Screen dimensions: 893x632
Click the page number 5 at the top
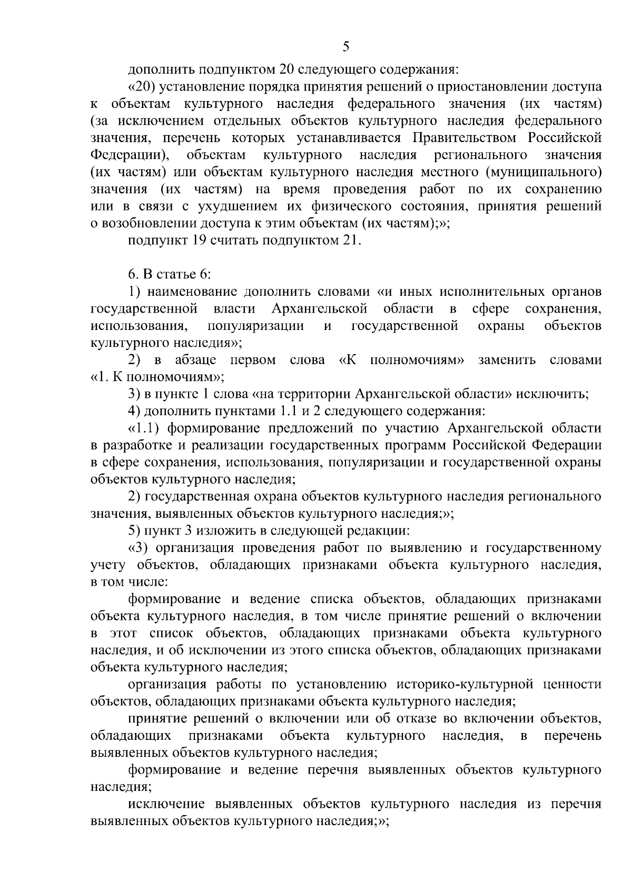click(345, 47)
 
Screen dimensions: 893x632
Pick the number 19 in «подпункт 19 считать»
click(216, 240)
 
